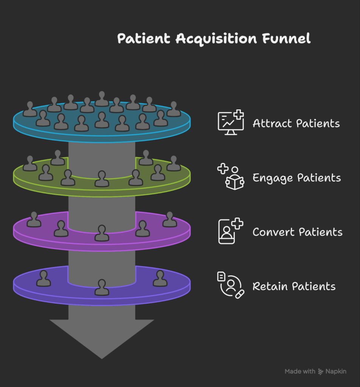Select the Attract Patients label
296,123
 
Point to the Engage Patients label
296,178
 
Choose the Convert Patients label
297,232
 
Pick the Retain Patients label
294,286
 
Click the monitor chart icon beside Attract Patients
230,122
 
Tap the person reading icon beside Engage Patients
231,176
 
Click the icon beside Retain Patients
230,285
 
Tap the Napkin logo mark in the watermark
321,372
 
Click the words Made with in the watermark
299,372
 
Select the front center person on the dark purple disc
102,288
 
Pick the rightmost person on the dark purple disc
160,279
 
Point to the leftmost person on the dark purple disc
43,279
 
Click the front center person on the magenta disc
102,233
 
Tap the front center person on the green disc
102,179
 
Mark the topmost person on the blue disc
102,99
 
